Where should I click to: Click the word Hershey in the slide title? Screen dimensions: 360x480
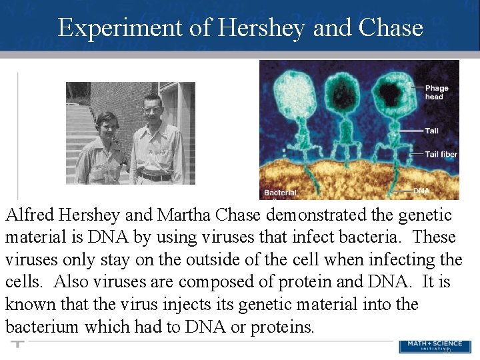pos(259,27)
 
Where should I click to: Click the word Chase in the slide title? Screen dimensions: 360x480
pos(390,27)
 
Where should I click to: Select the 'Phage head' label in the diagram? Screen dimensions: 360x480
pos(436,92)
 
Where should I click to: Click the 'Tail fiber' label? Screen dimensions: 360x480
pos(441,154)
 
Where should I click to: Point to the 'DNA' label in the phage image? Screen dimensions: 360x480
pos(421,191)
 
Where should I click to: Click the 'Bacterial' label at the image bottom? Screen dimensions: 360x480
pos(280,193)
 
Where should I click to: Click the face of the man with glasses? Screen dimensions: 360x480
pos(152,106)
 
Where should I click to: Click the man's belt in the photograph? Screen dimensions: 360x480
pos(155,177)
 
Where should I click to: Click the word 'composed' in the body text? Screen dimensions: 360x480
pos(212,282)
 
